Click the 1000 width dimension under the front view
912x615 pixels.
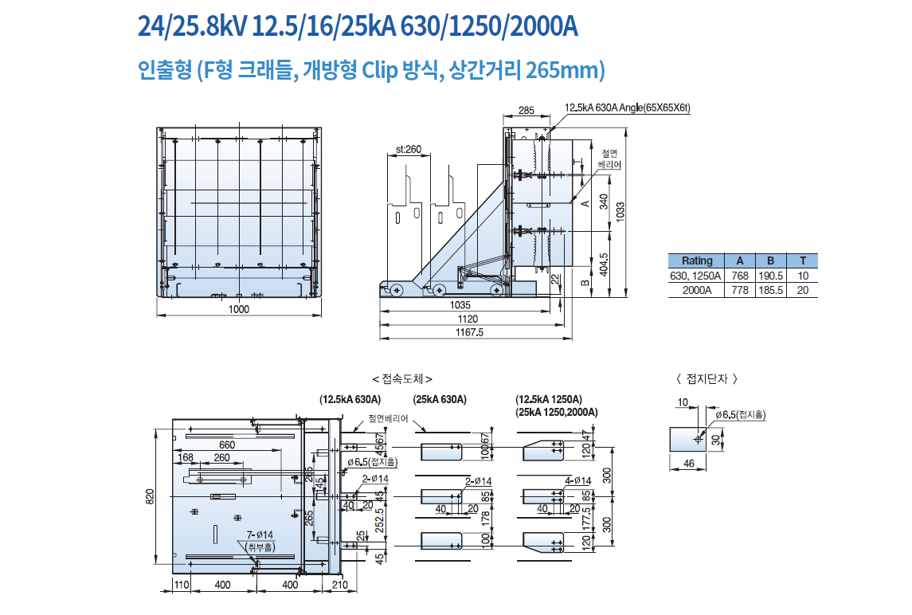(238, 309)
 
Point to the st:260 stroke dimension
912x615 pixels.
(409, 150)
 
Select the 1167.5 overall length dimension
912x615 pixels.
(469, 332)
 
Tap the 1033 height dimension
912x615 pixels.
(620, 210)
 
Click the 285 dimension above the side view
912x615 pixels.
(526, 110)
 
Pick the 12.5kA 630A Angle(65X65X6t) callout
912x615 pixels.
(628, 108)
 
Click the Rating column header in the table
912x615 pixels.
(697, 260)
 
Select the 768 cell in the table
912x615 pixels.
(740, 276)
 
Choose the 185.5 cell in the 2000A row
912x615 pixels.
(771, 290)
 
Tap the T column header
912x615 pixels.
(803, 260)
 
